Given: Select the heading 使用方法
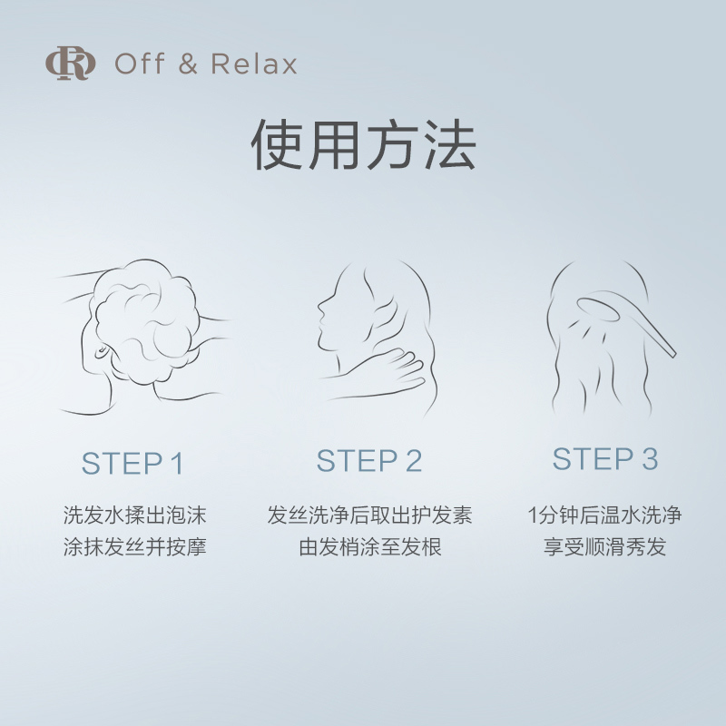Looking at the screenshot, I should point(363,145).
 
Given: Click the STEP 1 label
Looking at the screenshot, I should point(132,464).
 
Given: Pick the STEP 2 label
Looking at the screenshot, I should point(369,461).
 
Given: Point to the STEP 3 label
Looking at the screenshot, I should point(605,459).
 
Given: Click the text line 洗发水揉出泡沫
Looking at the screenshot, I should point(134,516).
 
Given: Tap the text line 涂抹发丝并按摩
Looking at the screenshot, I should point(134,548).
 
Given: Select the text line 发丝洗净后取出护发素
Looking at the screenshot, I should point(369,516).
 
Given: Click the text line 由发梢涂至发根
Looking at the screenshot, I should point(369,548).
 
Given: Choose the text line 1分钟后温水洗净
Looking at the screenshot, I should point(605,516).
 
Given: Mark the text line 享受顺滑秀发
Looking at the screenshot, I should point(605,548).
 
